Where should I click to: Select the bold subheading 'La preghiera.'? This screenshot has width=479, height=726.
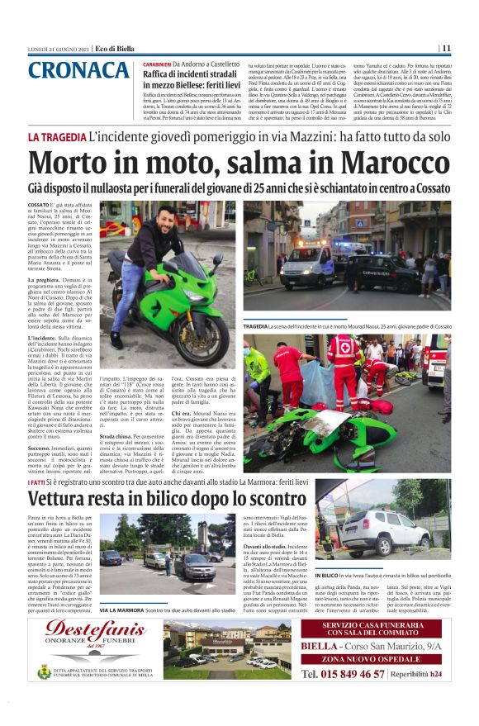[47, 280]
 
